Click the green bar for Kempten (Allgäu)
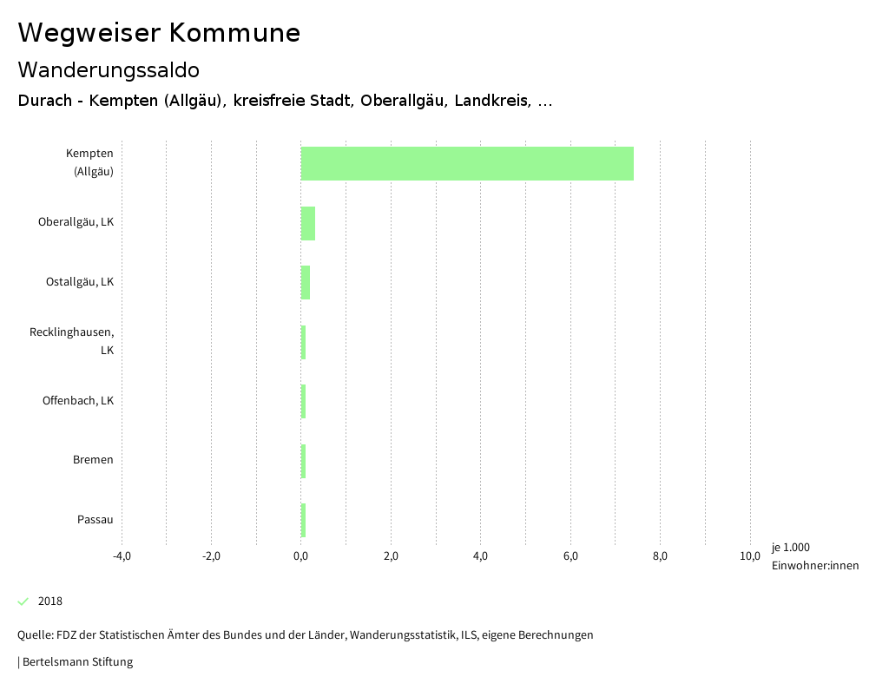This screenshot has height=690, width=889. coord(467,163)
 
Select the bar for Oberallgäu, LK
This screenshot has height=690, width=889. coord(308,223)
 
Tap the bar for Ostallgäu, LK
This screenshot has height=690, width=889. coord(306,283)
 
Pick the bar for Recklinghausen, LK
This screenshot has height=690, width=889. coord(303,342)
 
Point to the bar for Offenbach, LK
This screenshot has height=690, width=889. coord(303,401)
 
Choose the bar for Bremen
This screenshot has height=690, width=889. coord(303,461)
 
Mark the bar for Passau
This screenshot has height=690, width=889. coord(303,520)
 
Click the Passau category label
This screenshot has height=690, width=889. coord(95,520)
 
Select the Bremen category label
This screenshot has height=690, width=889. coord(93,460)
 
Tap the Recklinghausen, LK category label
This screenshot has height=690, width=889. coord(72,341)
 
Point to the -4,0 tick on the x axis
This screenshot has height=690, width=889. coord(122,556)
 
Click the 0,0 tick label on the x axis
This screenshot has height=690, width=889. coord(300,556)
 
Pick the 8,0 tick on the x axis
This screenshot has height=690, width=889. coord(660,556)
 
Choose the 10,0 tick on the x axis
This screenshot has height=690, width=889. coord(750,556)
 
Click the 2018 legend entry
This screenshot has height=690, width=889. coord(50,601)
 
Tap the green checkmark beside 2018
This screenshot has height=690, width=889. coord(23,601)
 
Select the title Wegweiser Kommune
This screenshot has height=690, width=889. coord(159,33)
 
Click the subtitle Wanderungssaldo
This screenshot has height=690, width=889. coord(109,69)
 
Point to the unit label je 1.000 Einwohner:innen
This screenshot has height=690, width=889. coord(814,556)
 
